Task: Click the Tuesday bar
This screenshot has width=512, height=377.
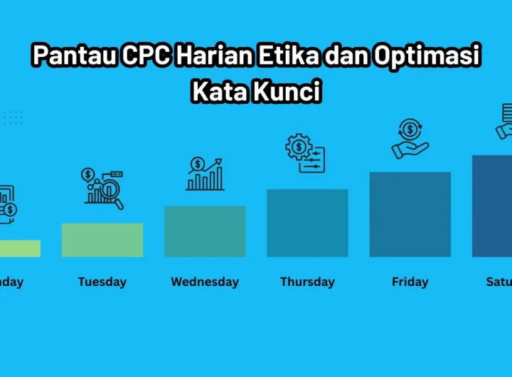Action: (102, 240)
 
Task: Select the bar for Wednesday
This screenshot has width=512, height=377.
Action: (205, 231)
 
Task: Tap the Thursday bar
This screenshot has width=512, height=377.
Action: (307, 223)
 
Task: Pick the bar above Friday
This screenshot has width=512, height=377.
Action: (410, 214)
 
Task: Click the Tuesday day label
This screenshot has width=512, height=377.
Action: (102, 282)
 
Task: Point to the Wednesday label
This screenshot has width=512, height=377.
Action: (205, 282)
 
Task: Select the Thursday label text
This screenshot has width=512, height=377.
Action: (307, 282)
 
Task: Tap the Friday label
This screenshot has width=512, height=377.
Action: (410, 282)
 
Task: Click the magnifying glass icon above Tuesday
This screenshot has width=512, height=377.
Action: (103, 188)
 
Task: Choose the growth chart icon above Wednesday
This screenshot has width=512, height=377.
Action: (205, 174)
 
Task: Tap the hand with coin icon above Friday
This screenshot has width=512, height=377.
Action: (410, 139)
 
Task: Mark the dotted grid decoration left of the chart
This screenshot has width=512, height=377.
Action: (13, 117)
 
